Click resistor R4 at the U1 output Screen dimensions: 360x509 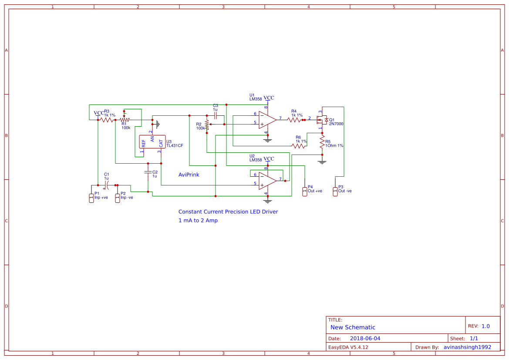295,119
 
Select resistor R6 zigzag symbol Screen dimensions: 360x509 299,146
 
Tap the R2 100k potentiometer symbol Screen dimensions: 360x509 207,124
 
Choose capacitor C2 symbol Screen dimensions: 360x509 148,172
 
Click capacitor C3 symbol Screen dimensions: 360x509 215,115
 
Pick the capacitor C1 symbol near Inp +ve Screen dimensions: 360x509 106,185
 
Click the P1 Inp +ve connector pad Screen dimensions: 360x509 91,198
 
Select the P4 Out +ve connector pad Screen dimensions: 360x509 304,191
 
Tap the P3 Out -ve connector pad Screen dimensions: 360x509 335,191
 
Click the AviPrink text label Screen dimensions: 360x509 189,175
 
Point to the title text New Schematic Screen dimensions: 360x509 353,327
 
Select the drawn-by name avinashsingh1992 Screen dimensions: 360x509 467,347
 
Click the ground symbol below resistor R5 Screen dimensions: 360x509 322,162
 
